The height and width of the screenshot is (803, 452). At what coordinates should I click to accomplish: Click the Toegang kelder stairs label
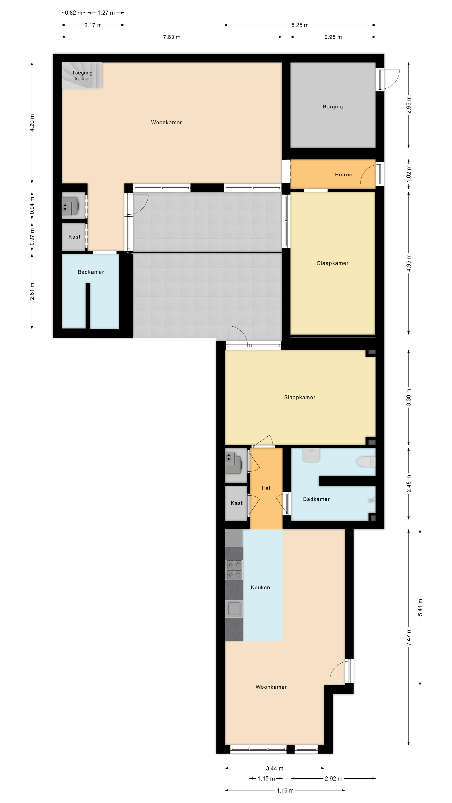[82, 76]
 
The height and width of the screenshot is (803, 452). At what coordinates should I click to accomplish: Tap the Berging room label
[333, 107]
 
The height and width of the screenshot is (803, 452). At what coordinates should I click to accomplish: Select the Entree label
[343, 175]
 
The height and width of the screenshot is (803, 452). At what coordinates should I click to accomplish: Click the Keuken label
[260, 587]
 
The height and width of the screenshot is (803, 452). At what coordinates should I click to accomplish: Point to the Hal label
[266, 488]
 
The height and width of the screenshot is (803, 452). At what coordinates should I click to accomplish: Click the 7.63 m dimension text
[172, 37]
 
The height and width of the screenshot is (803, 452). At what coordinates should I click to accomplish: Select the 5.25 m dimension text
[300, 25]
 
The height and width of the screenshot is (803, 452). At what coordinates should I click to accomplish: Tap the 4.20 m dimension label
[32, 123]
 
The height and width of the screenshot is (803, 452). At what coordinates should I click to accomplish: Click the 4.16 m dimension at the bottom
[285, 790]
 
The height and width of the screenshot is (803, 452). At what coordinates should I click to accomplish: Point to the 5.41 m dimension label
[420, 607]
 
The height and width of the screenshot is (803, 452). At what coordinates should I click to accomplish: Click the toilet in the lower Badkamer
[366, 462]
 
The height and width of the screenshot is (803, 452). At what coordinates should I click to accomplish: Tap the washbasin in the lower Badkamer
[311, 455]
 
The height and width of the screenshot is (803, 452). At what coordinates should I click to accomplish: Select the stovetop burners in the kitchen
[234, 569]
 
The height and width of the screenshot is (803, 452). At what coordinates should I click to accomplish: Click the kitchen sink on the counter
[234, 609]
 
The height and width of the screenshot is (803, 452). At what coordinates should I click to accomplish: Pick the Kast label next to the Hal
[236, 503]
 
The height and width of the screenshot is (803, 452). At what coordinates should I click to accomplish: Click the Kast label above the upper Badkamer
[74, 237]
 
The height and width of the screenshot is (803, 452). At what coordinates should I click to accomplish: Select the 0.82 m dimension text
[74, 13]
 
